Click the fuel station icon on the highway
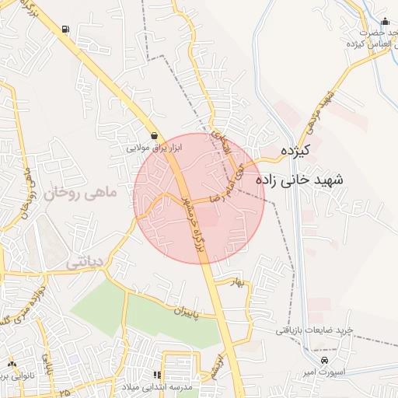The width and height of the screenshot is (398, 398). [x=64, y=30]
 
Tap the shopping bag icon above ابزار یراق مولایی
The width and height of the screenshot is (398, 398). [x=155, y=134]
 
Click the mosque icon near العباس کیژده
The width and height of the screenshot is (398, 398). [x=385, y=22]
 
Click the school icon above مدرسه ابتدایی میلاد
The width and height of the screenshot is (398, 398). [x=158, y=375]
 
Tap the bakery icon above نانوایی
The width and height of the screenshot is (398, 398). [x=11, y=363]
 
